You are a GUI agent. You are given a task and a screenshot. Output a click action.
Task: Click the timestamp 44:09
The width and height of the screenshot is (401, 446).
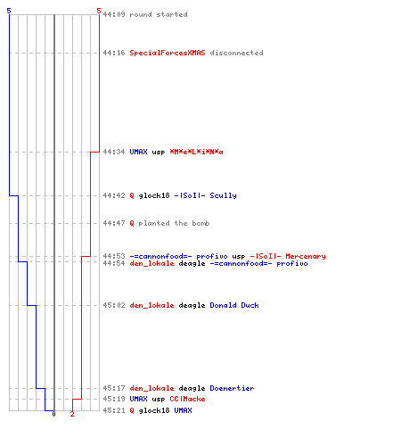114,14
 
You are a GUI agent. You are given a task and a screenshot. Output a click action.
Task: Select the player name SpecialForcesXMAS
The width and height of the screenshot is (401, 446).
168,53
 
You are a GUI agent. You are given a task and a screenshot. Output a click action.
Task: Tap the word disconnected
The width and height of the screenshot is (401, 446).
236,53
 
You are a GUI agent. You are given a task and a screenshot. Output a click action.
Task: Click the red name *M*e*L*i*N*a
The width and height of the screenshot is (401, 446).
196,152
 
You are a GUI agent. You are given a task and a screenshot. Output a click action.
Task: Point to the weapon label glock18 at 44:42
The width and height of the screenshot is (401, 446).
154,195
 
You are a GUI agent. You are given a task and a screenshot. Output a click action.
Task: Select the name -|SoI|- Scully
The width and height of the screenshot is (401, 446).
205,195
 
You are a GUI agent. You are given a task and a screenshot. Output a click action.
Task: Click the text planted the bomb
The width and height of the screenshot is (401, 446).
174,223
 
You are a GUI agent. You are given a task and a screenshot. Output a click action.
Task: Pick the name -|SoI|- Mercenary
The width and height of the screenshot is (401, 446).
288,256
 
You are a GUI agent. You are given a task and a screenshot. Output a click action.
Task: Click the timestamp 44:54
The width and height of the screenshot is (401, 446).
114,263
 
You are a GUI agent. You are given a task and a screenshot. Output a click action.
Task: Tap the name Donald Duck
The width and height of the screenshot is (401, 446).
234,305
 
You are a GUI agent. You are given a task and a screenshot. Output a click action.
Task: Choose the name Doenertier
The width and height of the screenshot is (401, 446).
232,388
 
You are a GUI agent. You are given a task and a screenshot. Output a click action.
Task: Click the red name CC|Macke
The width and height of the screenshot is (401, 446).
187,399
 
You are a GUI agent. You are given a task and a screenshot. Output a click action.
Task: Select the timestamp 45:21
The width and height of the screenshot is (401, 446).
114,410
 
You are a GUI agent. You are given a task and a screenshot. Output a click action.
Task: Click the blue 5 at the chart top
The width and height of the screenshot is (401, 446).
9,11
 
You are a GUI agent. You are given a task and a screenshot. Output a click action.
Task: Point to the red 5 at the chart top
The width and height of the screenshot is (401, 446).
99,11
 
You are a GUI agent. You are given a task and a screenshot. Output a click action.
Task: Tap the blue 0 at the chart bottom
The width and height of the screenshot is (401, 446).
53,414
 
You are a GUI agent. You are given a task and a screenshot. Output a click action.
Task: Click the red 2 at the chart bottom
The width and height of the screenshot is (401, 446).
72,414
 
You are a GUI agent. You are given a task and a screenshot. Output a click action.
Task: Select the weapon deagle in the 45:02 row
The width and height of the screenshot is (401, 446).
192,305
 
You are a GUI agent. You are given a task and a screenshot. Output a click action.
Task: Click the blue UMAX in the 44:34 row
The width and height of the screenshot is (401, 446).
138,152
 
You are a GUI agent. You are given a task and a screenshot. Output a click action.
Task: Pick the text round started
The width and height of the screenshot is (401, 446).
159,14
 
